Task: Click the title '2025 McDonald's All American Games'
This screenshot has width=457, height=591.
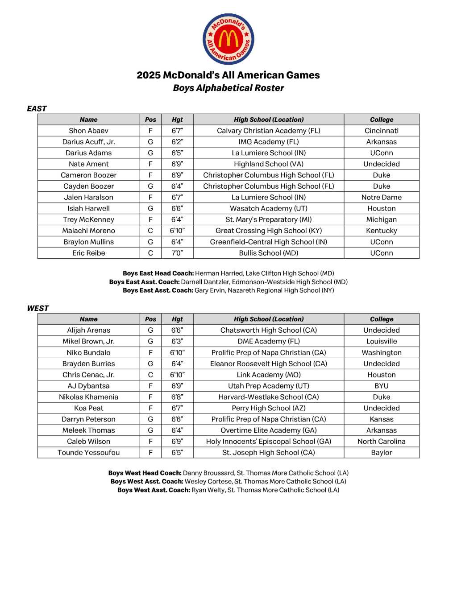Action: (228, 75)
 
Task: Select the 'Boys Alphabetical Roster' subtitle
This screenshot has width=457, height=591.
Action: (228, 88)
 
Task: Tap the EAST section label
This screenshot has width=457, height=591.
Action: (37, 108)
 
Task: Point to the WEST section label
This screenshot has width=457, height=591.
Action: (37, 308)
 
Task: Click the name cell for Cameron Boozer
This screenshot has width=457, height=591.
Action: (88, 175)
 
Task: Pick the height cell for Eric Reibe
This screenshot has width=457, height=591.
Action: (177, 253)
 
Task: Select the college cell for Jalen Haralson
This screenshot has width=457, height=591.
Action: (381, 197)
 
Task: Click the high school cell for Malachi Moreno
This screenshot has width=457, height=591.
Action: (268, 231)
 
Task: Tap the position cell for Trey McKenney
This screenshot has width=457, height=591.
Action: (150, 219)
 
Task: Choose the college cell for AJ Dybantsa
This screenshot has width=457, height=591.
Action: (381, 386)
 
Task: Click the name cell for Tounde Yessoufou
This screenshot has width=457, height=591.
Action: (88, 452)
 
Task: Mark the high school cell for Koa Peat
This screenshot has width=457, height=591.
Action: (268, 408)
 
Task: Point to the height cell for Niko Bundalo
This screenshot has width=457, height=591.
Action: (177, 352)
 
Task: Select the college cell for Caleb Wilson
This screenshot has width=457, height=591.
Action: (381, 442)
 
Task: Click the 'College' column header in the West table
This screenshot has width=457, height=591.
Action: (381, 319)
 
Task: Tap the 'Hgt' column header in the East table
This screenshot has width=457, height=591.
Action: (177, 120)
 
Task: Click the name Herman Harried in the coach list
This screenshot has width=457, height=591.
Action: (212, 273)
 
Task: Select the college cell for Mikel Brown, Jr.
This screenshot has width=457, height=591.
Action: (381, 341)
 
